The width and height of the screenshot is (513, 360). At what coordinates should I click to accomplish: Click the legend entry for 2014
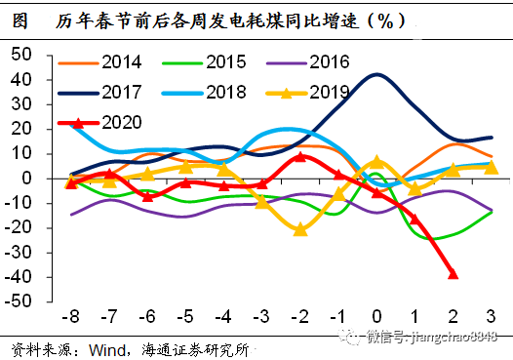click(120, 62)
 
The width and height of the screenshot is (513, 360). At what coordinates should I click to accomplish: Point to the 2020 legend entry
click(120, 122)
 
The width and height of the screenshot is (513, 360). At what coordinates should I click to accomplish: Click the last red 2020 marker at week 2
click(453, 274)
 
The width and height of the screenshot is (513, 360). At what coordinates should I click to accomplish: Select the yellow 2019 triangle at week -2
click(300, 230)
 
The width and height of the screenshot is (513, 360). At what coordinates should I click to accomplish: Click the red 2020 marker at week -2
click(300, 156)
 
